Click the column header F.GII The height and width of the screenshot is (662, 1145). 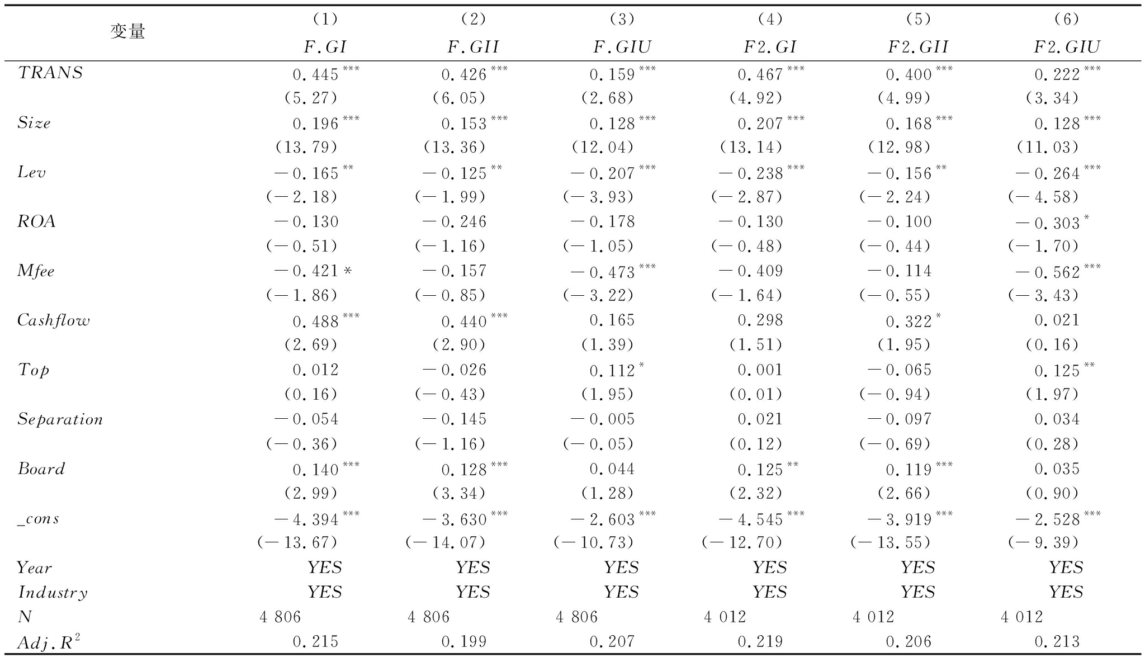click(x=472, y=47)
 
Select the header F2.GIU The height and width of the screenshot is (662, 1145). click(x=1066, y=47)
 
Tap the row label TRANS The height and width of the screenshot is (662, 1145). click(x=50, y=73)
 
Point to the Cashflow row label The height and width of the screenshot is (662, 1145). click(x=53, y=320)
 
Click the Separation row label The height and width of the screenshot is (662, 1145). click(x=60, y=419)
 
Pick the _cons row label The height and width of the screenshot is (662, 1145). click(x=38, y=518)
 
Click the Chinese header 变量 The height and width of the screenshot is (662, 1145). click(x=127, y=32)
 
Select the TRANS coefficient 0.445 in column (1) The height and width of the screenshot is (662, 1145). click(x=316, y=74)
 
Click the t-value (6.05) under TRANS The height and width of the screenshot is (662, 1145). click(x=458, y=98)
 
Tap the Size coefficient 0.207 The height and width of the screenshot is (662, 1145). click(x=760, y=124)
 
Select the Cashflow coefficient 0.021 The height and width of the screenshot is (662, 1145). click(x=1057, y=320)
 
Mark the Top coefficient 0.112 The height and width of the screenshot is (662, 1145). click(x=612, y=371)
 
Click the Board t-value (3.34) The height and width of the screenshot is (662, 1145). click(x=458, y=493)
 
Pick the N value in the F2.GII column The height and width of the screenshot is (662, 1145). click(x=873, y=617)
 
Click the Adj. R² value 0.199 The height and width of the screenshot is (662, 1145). click(x=464, y=642)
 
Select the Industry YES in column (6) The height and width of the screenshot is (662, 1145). click(x=1066, y=592)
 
